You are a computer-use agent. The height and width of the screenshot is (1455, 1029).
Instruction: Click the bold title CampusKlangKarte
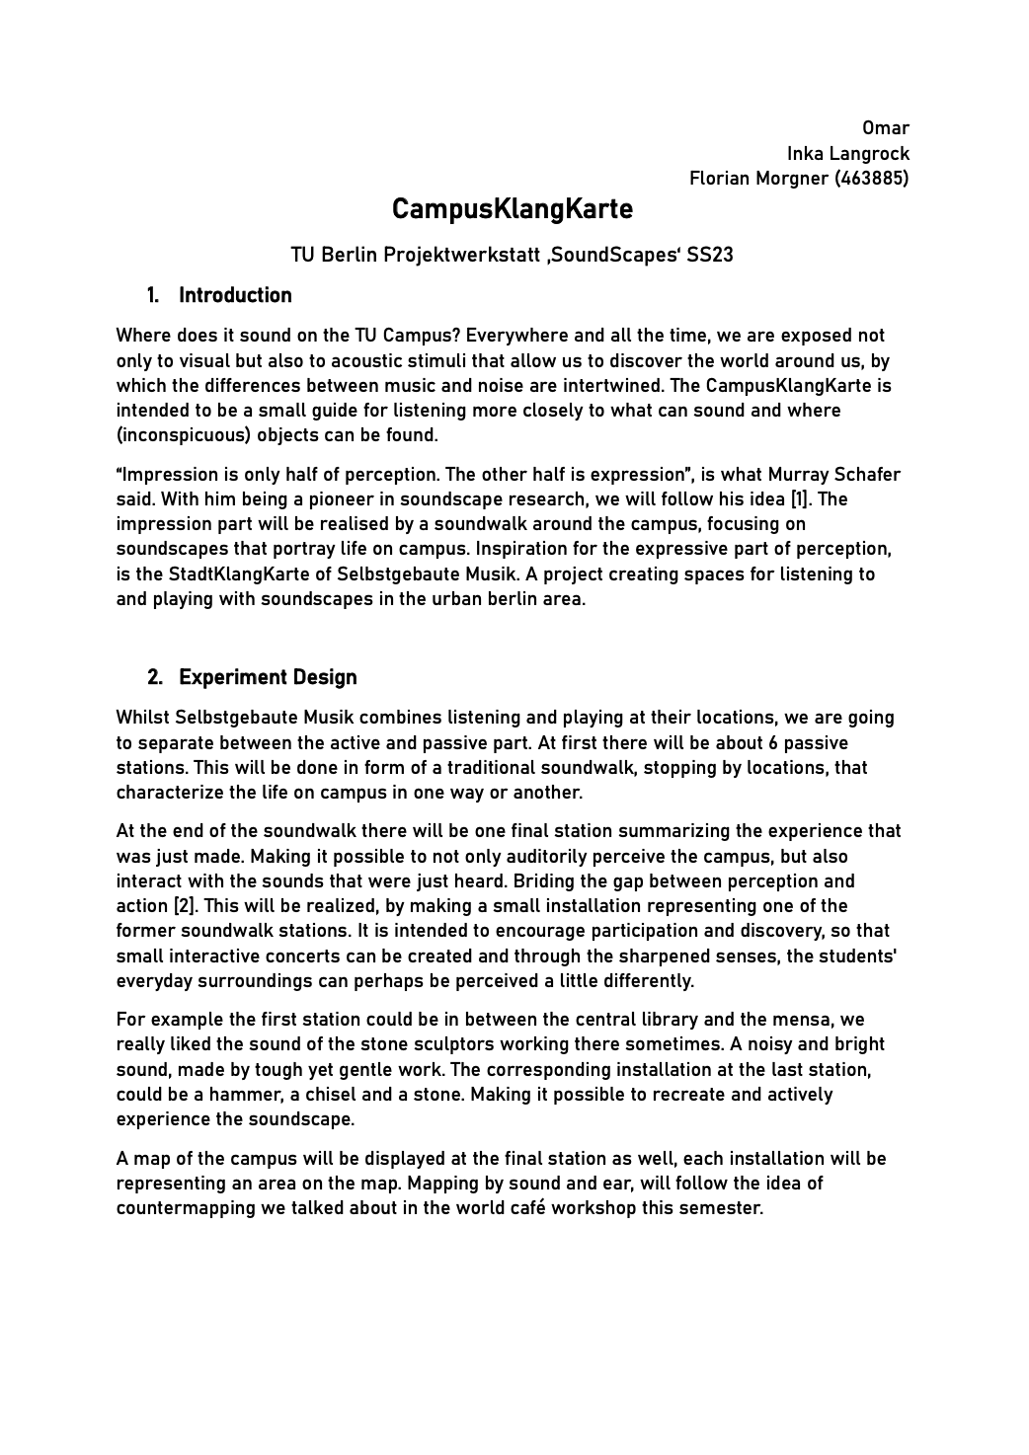512,210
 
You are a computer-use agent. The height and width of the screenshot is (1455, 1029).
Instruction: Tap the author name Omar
886,128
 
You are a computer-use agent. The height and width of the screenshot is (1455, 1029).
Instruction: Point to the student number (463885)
872,179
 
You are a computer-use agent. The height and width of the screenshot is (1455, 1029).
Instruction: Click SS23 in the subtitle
710,255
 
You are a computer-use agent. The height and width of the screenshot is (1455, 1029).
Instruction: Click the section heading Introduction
235,295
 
